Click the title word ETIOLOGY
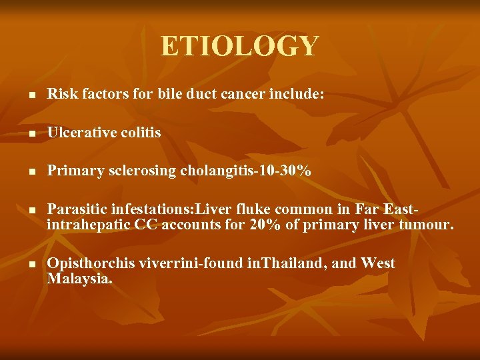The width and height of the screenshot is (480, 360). (240, 47)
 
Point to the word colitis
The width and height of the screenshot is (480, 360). (141, 133)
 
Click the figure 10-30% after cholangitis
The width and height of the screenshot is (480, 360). (285, 171)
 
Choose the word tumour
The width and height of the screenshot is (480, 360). (426, 226)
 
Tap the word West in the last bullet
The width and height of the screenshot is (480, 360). (378, 264)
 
